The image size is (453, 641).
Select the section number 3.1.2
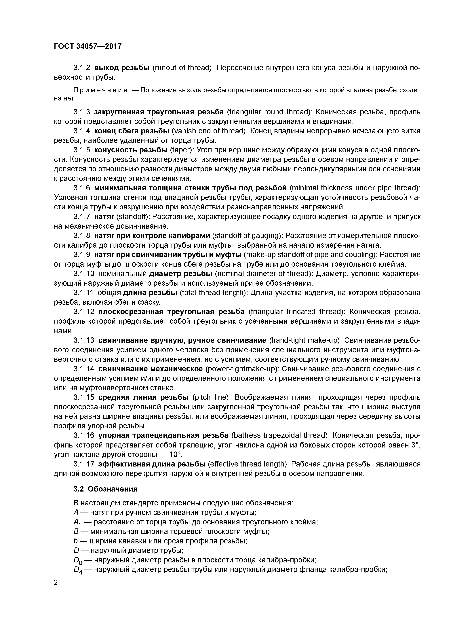(82, 68)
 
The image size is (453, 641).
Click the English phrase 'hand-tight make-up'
(305, 340)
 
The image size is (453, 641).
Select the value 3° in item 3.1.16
(416, 445)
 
